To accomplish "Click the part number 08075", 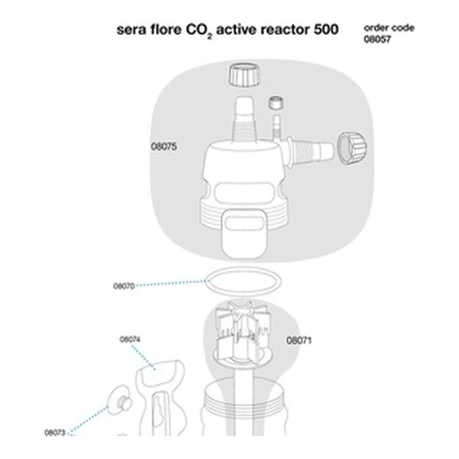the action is [164, 147].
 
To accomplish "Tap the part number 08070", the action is [124, 286].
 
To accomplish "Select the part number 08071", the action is [299, 341].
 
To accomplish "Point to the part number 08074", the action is [130, 339].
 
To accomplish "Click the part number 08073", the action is [55, 433].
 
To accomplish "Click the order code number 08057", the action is [377, 39].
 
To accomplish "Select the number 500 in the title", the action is [326, 30].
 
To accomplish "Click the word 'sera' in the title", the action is [131, 30].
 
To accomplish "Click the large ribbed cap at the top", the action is [244, 75].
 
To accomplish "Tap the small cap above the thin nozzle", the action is [276, 103].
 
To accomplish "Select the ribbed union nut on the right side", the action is [352, 148].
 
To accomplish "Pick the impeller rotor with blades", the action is [241, 331].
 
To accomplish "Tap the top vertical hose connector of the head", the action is [244, 118].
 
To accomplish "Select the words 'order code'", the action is [389, 28].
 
